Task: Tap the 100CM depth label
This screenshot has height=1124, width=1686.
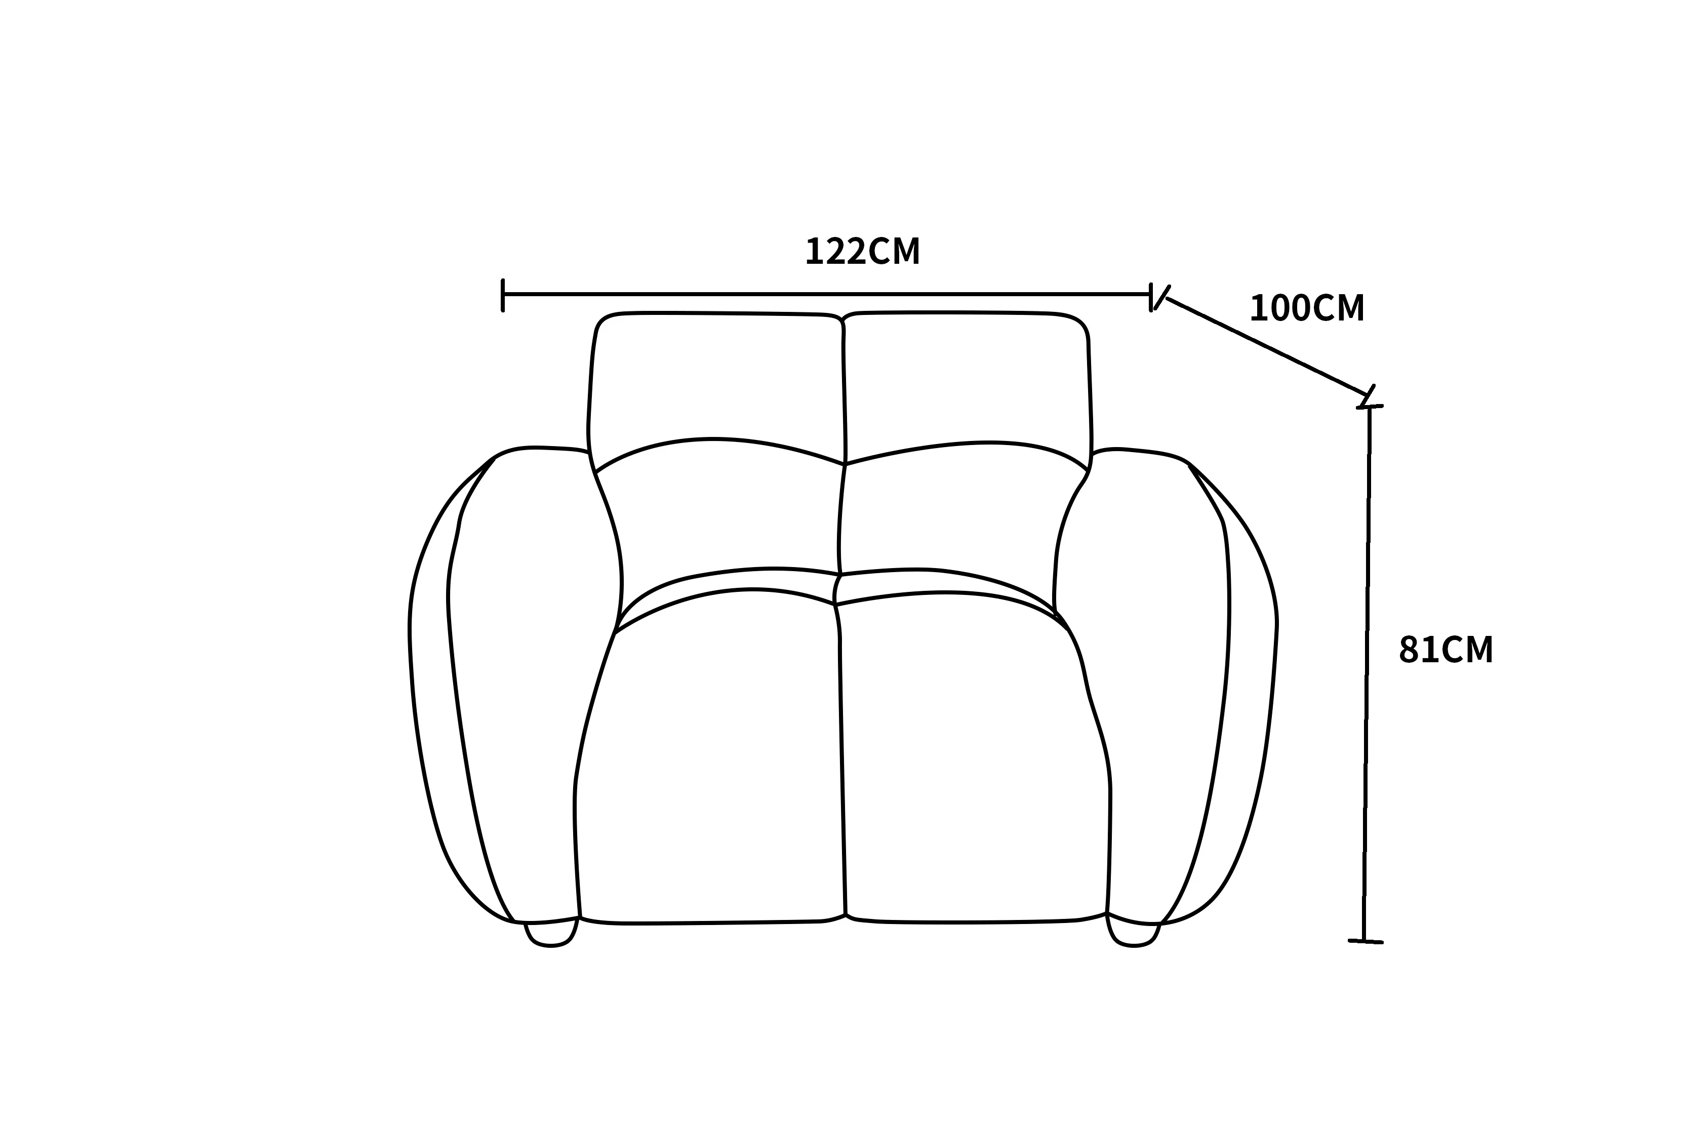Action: [1307, 308]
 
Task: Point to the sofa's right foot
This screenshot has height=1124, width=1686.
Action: [1133, 933]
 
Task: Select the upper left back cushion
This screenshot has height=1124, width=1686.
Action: [717, 387]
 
